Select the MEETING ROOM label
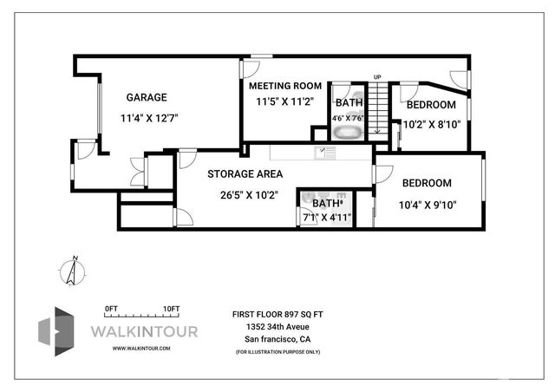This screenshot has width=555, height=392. pos(285,86)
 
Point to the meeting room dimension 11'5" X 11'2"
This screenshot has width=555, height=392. pos(283,101)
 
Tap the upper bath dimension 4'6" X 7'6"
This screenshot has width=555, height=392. pos(349,118)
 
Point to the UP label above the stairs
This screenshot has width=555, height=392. pos(376,78)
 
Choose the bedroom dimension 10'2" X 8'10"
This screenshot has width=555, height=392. pos(431,124)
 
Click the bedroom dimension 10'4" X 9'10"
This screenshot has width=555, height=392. pos(427,206)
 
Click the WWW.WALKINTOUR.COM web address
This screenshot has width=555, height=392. pos(140,348)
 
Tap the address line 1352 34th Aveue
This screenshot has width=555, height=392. pos(277,326)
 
